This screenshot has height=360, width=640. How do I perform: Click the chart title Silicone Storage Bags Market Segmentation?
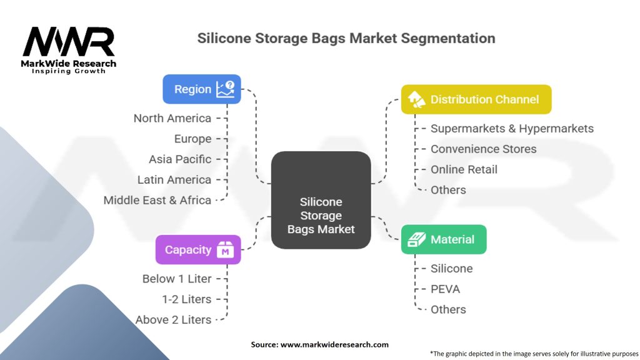(x=346, y=38)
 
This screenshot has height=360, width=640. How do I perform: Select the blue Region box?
(x=201, y=89)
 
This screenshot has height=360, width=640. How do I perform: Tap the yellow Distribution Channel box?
(x=476, y=99)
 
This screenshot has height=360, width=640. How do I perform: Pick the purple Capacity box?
(x=197, y=250)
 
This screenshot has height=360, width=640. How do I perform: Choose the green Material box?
(x=443, y=239)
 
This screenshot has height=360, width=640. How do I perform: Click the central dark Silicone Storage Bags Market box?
(x=321, y=201)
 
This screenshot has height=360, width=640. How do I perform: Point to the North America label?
(x=172, y=118)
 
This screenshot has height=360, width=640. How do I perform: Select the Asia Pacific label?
(x=180, y=159)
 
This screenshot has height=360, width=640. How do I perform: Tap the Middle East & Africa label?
(x=157, y=200)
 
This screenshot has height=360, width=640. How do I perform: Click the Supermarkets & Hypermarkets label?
(x=512, y=129)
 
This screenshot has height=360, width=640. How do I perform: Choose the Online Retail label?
(x=464, y=169)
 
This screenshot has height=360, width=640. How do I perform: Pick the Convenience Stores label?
(x=483, y=149)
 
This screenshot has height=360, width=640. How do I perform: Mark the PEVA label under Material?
(x=445, y=289)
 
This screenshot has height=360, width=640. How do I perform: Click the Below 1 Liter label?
(x=177, y=279)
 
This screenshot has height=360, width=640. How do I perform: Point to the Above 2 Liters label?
(x=173, y=319)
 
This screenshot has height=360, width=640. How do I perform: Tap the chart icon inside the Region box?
(x=225, y=89)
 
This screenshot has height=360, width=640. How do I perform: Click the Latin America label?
(x=174, y=179)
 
